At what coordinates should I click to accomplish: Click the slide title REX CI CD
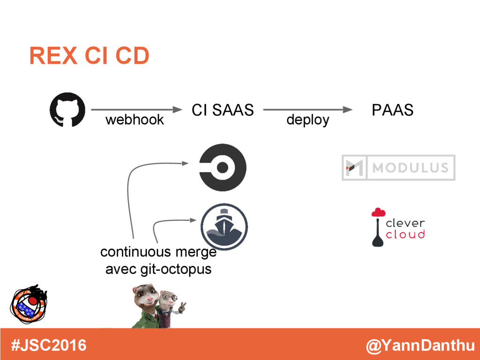(89, 56)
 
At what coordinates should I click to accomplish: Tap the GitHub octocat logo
(67, 110)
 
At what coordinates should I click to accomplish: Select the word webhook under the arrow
(135, 120)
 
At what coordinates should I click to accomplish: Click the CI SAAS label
(223, 110)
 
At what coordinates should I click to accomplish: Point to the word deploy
(307, 120)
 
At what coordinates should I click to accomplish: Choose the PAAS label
(392, 110)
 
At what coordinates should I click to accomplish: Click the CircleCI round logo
(223, 167)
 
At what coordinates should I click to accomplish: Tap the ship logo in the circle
(224, 227)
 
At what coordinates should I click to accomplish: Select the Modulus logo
(398, 167)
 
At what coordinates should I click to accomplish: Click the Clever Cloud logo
(398, 227)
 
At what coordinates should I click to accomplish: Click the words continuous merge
(158, 252)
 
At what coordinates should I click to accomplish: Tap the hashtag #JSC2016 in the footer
(49, 345)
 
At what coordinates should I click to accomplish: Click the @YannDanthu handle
(420, 346)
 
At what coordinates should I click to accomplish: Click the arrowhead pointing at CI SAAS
(177, 110)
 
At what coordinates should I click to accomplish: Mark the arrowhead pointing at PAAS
(347, 110)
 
